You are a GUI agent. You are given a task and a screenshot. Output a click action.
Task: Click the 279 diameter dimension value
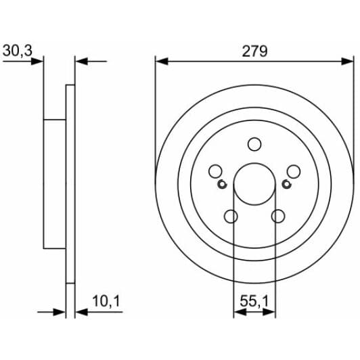[x=254, y=51]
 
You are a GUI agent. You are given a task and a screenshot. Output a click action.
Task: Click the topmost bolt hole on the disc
[x=254, y=144]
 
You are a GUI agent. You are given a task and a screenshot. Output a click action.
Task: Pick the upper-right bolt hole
[x=294, y=172]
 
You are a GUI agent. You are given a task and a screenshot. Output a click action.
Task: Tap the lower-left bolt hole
[x=230, y=217]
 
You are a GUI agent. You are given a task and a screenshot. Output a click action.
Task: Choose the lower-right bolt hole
[x=278, y=217]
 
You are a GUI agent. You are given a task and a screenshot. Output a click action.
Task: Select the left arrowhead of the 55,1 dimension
[x=237, y=312]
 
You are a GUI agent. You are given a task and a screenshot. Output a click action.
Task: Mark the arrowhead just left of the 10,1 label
[x=81, y=312]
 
